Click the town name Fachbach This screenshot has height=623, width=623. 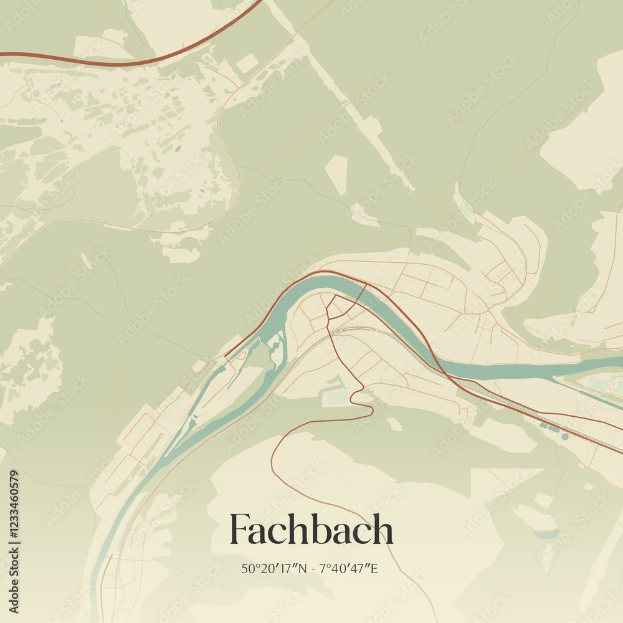tap(311, 530)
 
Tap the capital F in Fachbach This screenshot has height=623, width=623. tap(240, 530)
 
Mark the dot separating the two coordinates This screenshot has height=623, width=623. tap(312, 568)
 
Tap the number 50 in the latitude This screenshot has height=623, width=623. tap(248, 568)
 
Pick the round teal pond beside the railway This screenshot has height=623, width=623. tap(564, 437)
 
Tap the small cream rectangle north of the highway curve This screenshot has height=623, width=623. tap(247, 63)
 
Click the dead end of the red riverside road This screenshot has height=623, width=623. tap(226, 357)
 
